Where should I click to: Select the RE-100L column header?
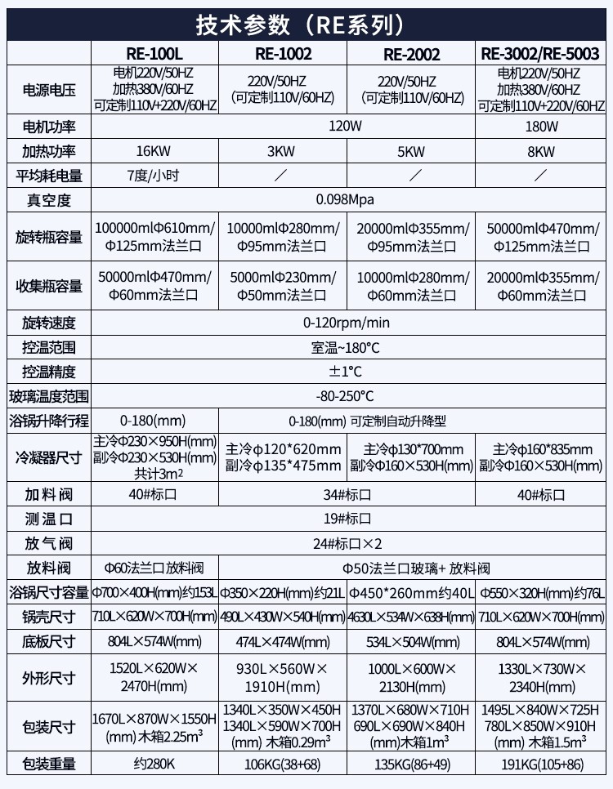coord(154,55)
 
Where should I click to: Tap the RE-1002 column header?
coord(283,55)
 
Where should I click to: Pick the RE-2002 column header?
coord(411,55)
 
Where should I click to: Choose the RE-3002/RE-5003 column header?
coord(540,55)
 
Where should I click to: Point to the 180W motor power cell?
coord(540,127)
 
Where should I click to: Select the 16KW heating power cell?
coord(154,151)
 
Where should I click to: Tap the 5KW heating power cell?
coord(411,151)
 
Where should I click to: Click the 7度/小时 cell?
coord(154,176)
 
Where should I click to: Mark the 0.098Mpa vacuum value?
coord(347,200)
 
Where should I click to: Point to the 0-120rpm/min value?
coord(347,323)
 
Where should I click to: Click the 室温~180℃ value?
coord(347,348)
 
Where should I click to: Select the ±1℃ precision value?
coord(347,372)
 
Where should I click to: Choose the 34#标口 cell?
coord(347,494)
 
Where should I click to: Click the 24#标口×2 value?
coord(347,543)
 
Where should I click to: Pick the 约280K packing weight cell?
coord(154,764)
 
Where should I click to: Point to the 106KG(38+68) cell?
coord(283,764)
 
